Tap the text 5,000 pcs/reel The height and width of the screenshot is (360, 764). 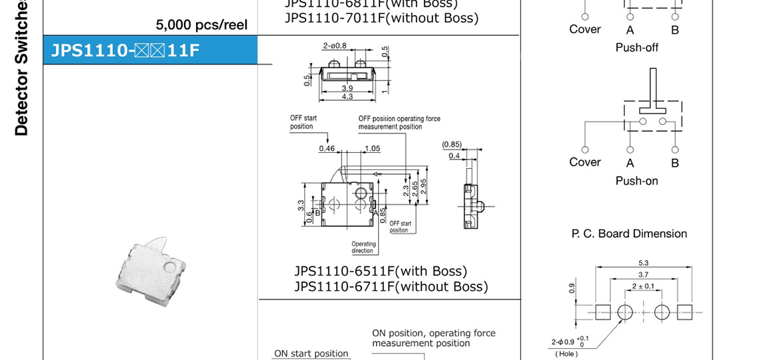[201, 25]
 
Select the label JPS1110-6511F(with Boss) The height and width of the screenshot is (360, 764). [381, 271]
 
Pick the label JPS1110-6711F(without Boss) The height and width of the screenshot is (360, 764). [391, 286]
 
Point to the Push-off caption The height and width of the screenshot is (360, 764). [636, 48]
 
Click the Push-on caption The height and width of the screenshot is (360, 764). [636, 181]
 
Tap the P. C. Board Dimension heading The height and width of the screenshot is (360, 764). [629, 234]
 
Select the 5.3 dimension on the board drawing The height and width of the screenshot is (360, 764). [643, 262]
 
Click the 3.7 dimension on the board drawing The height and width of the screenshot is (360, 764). [643, 274]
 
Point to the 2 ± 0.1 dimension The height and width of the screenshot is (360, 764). [643, 286]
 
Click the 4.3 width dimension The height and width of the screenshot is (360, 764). [347, 97]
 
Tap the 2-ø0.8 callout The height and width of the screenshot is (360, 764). [334, 46]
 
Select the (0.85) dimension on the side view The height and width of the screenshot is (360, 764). [452, 144]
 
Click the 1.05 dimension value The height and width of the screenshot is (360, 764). [372, 148]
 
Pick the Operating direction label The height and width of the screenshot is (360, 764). [363, 247]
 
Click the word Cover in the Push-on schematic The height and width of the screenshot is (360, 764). [585, 162]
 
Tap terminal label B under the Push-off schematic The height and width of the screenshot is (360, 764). [674, 30]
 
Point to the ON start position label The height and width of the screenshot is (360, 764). [311, 353]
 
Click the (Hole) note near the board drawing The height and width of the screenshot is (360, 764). [566, 353]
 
